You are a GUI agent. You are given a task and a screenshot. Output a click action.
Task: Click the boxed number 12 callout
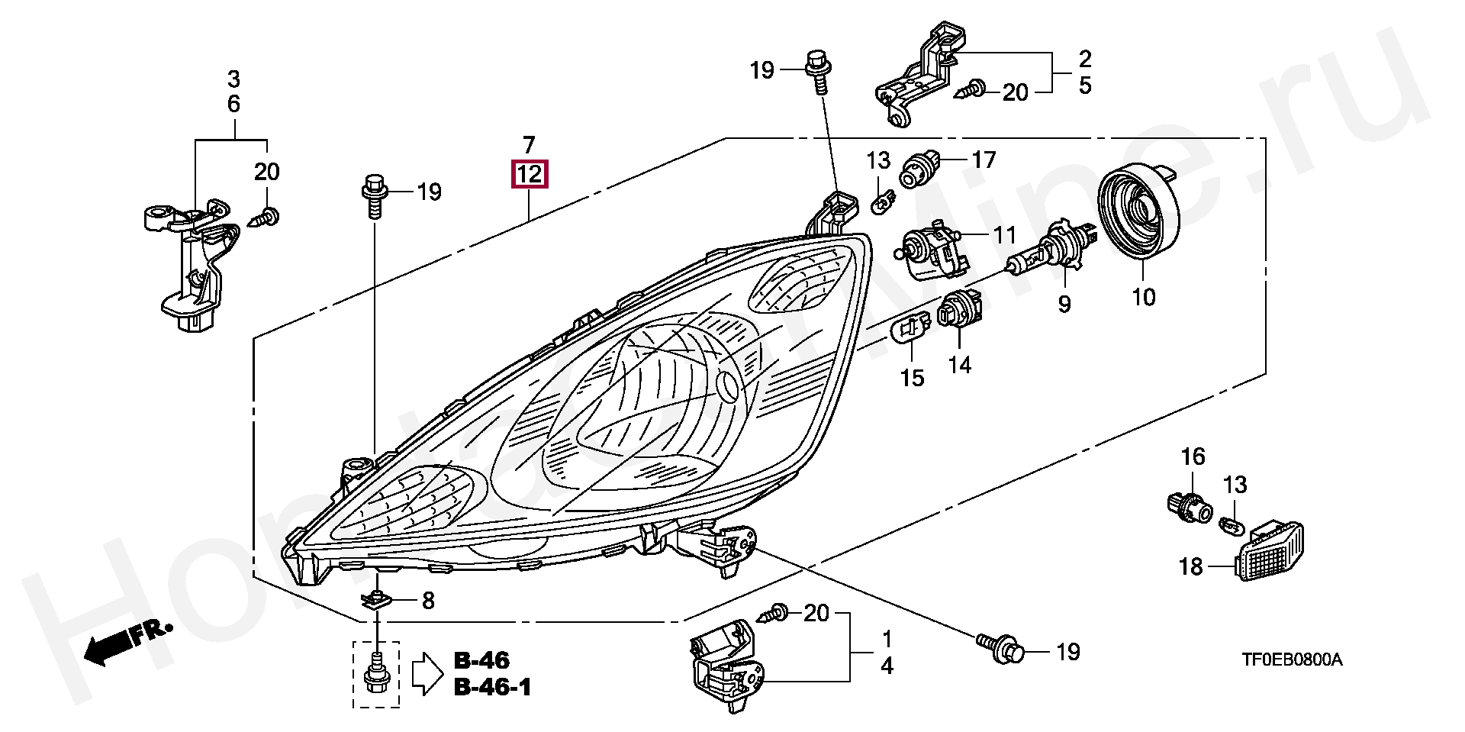530,175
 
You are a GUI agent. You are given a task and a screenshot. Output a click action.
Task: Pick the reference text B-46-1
492,687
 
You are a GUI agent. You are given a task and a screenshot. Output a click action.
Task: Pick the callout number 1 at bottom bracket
886,637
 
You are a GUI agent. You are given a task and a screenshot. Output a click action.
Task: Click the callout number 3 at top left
233,79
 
